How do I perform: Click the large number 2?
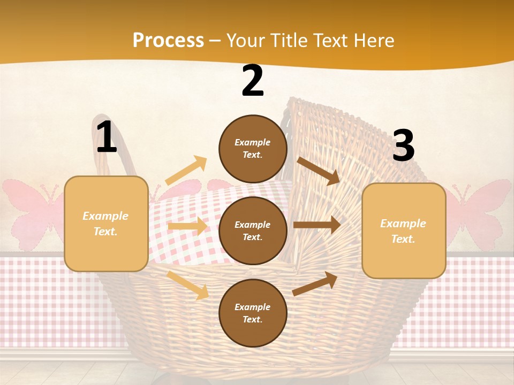click(253, 81)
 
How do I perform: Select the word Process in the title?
click(168, 40)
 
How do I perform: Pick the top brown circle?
click(253, 149)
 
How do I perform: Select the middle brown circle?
click(253, 230)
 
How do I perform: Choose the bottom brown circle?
click(253, 313)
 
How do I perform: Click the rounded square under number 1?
click(106, 224)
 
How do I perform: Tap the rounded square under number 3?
click(403, 230)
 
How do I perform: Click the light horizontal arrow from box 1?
click(187, 226)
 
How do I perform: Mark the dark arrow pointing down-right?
click(319, 170)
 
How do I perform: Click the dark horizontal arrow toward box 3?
click(317, 225)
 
